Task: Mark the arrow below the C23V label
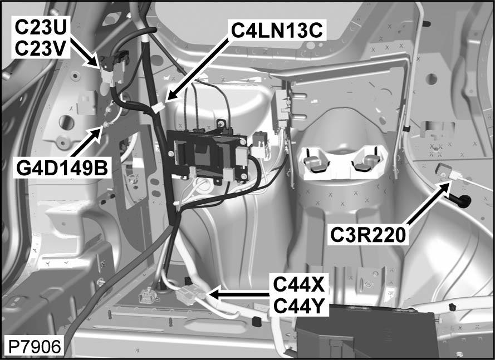coord(84,56)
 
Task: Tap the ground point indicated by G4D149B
coord(103,130)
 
